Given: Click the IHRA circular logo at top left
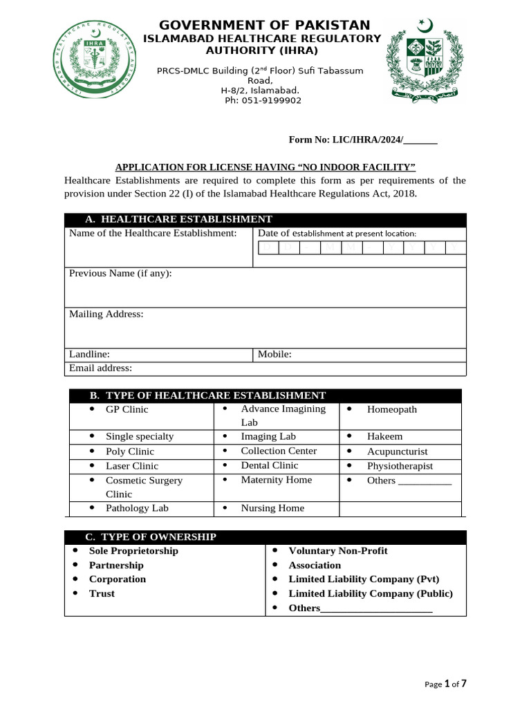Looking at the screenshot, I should pos(94,59).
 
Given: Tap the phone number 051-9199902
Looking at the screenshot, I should pos(263,100).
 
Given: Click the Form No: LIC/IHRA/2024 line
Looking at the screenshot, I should pos(362,140).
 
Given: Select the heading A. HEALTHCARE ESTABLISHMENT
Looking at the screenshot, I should pos(178,219).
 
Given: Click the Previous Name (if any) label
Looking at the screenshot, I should pos(120,273).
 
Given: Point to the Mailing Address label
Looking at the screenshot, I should pos(106,314).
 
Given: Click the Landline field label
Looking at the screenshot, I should pos(89,354).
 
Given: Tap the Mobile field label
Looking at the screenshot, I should pos(274,354).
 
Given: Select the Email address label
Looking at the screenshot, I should pos(100,368).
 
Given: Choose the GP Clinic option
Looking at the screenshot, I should pos(127,409).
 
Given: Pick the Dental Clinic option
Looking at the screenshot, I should pos(269,465).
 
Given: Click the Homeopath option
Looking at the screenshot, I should pos(391,409).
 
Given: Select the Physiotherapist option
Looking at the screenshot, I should pos(400,466).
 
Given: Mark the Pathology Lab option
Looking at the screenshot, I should pos(136,507).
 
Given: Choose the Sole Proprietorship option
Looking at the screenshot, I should pos(133,551).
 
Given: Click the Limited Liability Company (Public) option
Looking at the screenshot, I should pos(370,593).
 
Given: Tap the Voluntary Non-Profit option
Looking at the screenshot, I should pos(337,551).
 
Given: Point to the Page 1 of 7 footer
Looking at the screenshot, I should pos(445,684).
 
